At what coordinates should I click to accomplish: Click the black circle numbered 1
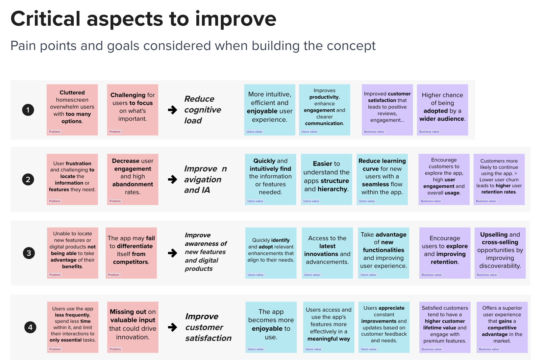(28, 110)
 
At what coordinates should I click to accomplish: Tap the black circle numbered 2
(28, 180)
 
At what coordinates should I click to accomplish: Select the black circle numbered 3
(29, 253)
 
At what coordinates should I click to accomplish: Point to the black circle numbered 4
(30, 327)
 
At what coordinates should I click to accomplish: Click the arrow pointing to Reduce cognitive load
(173, 110)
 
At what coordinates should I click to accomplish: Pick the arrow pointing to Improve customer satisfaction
(173, 327)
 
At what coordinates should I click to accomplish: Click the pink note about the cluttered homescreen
(72, 110)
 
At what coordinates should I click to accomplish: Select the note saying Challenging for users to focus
(133, 110)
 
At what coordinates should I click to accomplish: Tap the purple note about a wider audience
(442, 110)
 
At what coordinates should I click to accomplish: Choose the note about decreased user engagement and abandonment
(133, 179)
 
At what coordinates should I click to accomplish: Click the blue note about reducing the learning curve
(382, 179)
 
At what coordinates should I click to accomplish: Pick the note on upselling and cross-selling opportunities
(500, 253)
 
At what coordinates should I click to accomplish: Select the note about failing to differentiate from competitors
(131, 253)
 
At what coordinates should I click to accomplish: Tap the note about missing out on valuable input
(133, 327)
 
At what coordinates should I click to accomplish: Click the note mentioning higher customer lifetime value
(445, 327)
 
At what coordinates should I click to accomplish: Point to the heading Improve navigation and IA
(206, 179)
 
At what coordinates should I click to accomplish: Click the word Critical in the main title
(45, 19)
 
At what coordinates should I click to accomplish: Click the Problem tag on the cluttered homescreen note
(55, 132)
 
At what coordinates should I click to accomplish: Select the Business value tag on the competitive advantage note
(489, 349)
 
